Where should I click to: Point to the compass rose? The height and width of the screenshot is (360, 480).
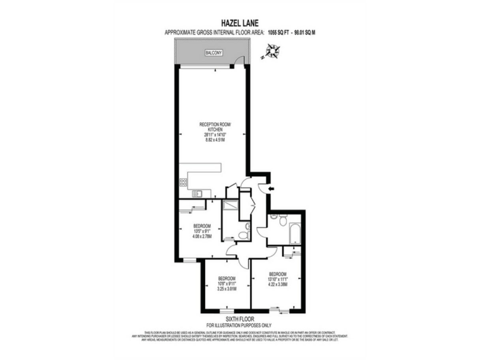tap(272, 51)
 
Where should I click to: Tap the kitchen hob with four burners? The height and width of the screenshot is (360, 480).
tap(183, 182)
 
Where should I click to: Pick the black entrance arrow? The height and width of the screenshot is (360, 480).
tap(269, 188)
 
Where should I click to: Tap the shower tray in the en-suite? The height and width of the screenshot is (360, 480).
tap(230, 206)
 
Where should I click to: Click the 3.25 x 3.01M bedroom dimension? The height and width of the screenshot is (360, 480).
tap(226, 289)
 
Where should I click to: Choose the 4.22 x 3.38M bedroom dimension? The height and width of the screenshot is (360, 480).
tap(277, 284)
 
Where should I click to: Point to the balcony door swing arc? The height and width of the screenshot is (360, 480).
tap(237, 61)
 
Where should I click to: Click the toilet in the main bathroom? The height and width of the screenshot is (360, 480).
tap(283, 220)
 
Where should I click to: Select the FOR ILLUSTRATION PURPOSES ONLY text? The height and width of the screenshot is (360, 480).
tap(239, 325)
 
